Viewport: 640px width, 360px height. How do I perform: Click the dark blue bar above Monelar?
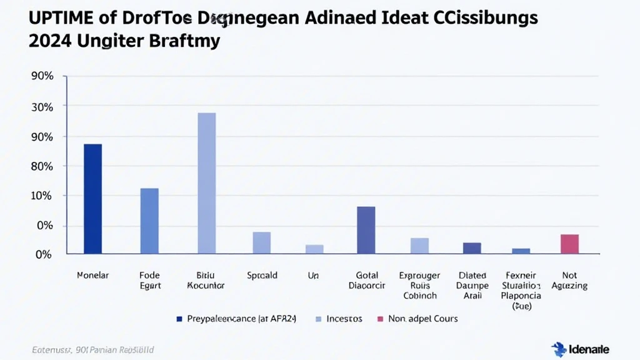coord(92,199)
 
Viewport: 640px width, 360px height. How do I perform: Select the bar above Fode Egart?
coord(149,221)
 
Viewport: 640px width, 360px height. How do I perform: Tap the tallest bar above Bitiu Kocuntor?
coord(206,183)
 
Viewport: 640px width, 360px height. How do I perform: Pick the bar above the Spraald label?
coord(262,242)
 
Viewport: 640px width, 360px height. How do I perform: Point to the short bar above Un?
coord(314,249)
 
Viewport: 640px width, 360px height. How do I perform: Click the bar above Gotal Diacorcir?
coord(366,230)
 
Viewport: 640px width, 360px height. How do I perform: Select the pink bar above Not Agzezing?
coord(569,244)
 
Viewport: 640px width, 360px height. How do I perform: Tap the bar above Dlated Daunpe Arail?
coord(472,248)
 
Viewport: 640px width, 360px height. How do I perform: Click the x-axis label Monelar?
coord(92,275)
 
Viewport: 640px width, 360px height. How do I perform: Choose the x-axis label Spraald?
coord(262,275)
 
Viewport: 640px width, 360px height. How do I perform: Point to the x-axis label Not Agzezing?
coord(569,281)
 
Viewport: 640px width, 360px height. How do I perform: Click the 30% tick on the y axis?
coord(42,107)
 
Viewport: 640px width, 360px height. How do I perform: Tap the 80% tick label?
coord(42,166)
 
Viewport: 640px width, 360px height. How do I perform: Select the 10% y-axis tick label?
coord(42,196)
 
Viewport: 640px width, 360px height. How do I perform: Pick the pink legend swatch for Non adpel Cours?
coord(379,319)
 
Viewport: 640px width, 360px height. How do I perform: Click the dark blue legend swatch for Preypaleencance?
coord(179,319)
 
